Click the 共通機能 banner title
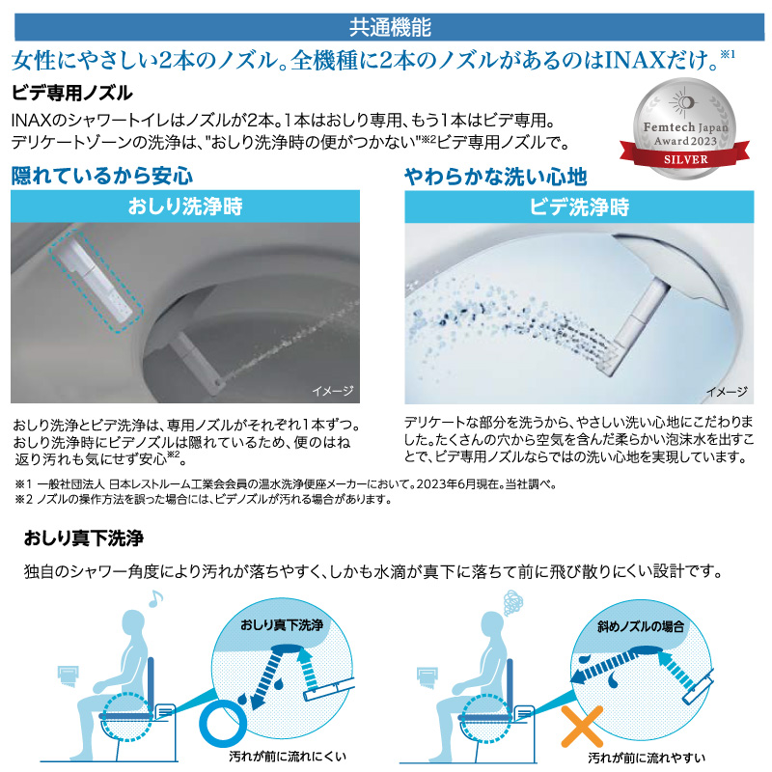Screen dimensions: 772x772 click(x=390, y=28)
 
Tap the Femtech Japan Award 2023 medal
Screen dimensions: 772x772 click(x=684, y=129)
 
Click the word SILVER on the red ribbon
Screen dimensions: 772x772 click(x=685, y=159)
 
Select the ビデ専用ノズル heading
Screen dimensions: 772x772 click(x=71, y=93)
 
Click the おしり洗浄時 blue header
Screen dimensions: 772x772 click(x=185, y=207)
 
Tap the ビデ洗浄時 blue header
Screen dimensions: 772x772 click(x=579, y=207)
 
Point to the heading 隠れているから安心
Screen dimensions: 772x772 click(x=102, y=176)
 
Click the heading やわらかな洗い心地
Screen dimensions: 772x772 click(x=495, y=177)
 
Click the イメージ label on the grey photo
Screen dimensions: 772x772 click(x=333, y=391)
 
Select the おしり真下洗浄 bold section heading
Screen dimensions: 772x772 click(x=84, y=538)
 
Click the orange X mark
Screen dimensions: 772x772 click(x=582, y=727)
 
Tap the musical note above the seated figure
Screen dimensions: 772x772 click(x=155, y=598)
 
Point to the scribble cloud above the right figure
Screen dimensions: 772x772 click(x=513, y=602)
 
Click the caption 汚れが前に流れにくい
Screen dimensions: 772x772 click(x=288, y=757)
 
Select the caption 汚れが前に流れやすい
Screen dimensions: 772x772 click(x=647, y=758)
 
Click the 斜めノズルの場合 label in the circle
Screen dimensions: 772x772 click(x=641, y=626)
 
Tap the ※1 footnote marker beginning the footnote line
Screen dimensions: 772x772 click(x=23, y=484)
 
